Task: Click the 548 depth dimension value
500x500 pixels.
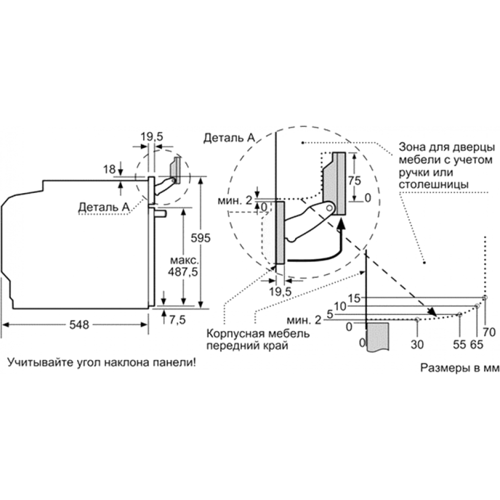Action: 79,324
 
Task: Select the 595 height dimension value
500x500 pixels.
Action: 200,238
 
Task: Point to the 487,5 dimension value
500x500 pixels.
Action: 183,271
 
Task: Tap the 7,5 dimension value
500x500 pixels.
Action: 177,319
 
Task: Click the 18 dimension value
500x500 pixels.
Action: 109,169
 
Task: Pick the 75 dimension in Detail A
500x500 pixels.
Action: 354,180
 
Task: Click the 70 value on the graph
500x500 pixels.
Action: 489,332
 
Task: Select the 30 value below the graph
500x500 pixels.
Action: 417,344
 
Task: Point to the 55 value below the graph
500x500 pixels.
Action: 459,344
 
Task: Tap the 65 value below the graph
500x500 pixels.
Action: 476,344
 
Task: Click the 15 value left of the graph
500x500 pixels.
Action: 354,298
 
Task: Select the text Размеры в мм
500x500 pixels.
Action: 459,367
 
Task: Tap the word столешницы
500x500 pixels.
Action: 433,184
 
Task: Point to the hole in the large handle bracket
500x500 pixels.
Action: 329,208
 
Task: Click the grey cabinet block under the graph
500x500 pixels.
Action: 377,336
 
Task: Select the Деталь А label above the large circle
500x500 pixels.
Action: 229,138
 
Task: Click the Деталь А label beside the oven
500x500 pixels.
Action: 104,207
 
